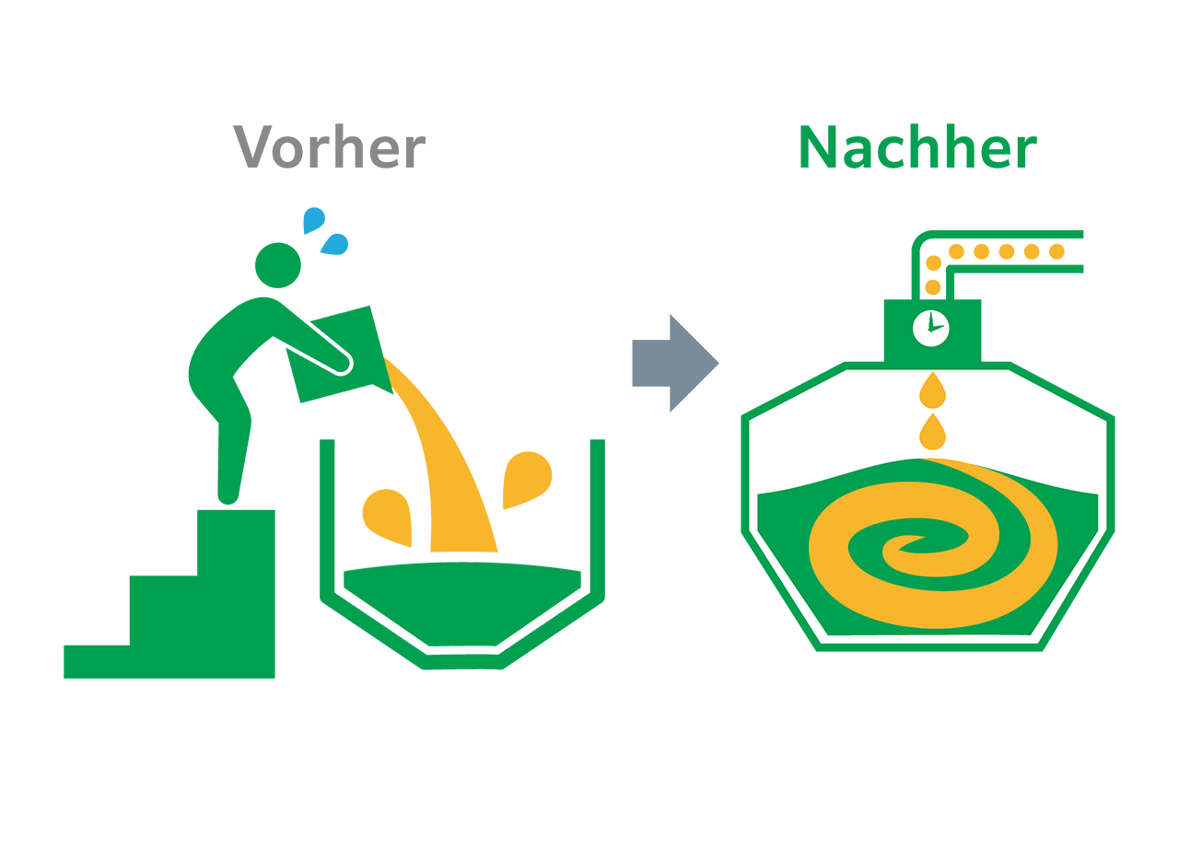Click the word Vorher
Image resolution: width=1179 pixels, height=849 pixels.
[x=330, y=147]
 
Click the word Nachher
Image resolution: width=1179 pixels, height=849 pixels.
[x=917, y=147]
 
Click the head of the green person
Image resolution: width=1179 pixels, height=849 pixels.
[x=277, y=264]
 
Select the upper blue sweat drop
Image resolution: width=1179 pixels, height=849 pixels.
[x=314, y=220]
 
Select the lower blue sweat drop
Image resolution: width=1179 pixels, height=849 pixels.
[x=335, y=244]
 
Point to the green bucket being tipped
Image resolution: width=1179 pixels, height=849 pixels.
[x=342, y=354]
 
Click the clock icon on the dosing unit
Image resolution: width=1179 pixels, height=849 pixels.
[x=930, y=328]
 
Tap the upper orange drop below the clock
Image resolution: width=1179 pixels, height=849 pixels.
[x=932, y=390]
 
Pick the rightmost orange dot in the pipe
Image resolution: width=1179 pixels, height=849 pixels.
[x=1056, y=251]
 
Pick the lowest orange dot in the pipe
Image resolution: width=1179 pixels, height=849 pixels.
[x=933, y=287]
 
